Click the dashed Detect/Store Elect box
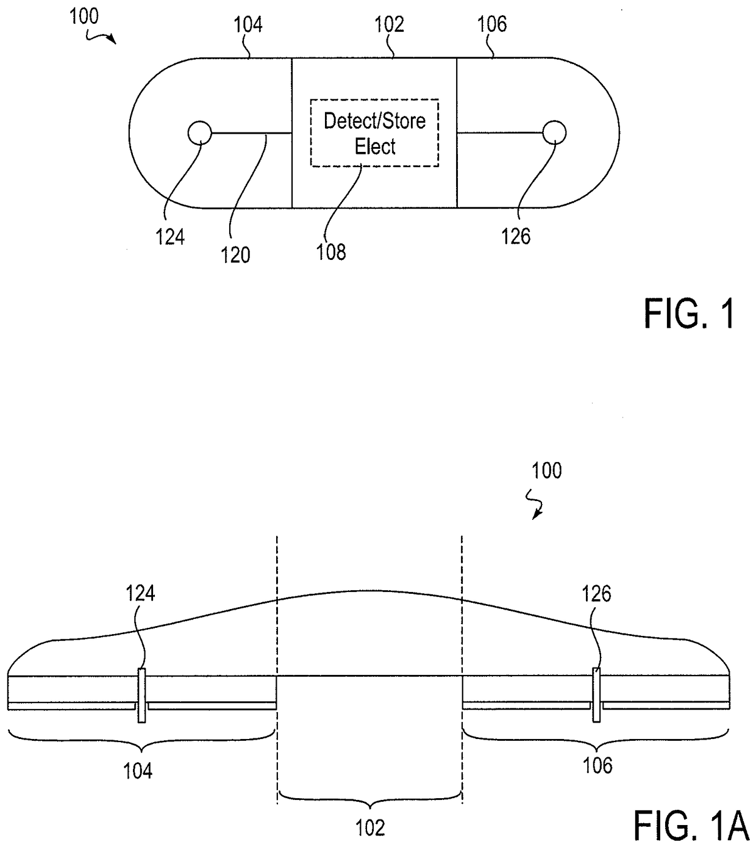tap(374, 132)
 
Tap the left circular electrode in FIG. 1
tap(199, 132)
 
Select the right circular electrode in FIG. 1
tap(554, 132)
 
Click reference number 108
tap(331, 251)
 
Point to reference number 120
tap(236, 254)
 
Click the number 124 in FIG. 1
tap(170, 236)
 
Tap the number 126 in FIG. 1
tap(516, 236)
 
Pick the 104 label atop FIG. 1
tap(248, 25)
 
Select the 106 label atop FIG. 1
tap(492, 24)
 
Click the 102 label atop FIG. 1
tap(389, 24)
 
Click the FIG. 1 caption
tap(689, 315)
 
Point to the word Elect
tap(375, 146)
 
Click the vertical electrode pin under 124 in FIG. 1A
tap(141, 696)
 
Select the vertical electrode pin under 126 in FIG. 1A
tap(596, 696)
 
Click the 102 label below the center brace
tap(371, 827)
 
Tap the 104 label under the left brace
tap(138, 771)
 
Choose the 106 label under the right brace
tap(597, 765)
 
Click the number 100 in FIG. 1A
tap(547, 470)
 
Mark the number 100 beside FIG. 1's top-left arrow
tap(84, 16)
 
